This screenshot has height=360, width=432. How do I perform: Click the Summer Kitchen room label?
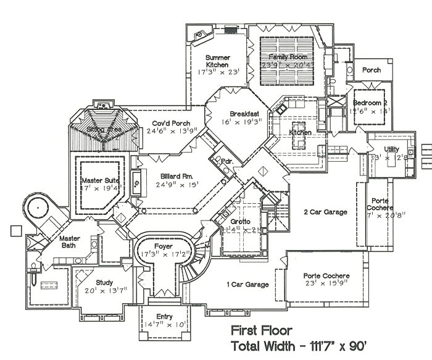[217, 61]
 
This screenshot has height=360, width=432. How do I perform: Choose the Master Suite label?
[100, 180]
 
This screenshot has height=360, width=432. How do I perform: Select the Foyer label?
[164, 245]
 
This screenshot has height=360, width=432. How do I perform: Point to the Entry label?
[164, 317]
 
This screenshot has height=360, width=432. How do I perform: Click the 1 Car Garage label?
[248, 285]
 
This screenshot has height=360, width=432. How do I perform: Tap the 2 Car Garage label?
[325, 212]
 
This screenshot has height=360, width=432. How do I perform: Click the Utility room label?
[391, 149]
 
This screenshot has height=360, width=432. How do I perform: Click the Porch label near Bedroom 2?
[371, 70]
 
